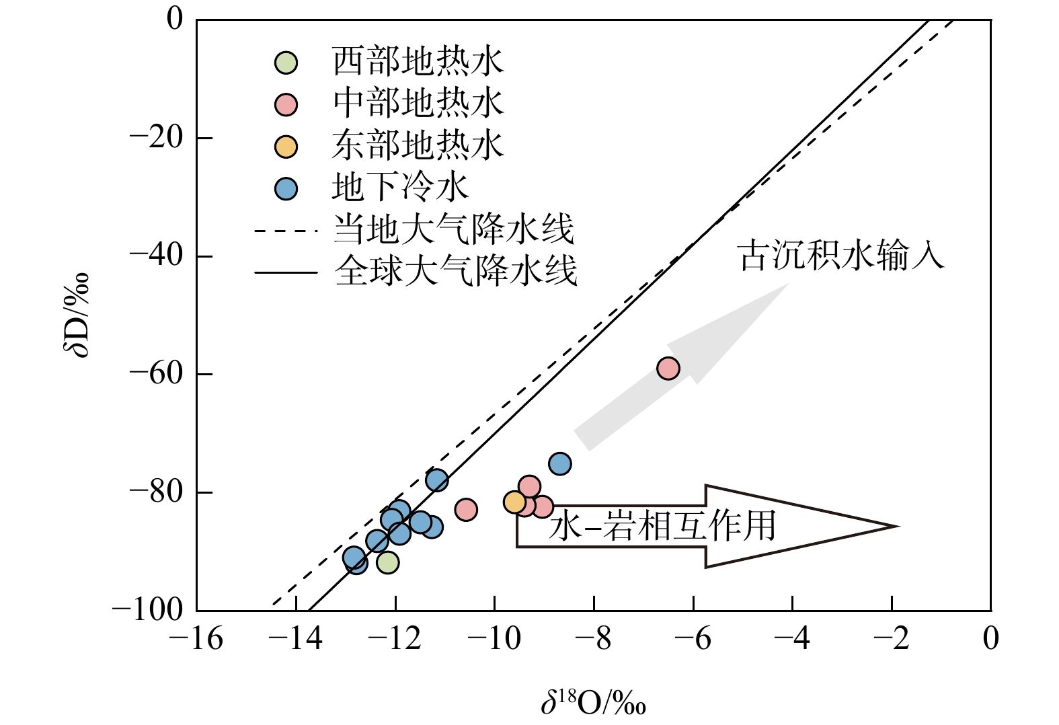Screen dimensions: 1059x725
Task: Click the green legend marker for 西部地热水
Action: pos(286,63)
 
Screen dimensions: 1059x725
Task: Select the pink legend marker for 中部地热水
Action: pos(286,104)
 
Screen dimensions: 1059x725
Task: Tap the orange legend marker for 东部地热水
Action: pos(286,147)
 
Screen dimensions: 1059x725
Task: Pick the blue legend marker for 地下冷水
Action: pos(286,189)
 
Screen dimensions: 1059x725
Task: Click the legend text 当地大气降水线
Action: pos(453,230)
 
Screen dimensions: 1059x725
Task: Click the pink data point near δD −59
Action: pos(668,369)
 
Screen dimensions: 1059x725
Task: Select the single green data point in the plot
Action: pos(388,563)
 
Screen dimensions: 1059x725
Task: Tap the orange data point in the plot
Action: pos(514,502)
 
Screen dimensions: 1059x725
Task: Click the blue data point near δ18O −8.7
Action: pos(559,464)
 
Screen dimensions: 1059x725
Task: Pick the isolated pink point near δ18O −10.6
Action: pos(466,509)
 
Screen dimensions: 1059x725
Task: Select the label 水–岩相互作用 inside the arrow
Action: pos(662,525)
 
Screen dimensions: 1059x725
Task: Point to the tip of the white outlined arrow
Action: pos(898,526)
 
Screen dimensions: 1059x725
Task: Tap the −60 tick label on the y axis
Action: pos(156,375)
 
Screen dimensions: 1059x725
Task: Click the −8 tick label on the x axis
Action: pos(593,639)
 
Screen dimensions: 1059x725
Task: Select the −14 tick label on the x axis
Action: pos(295,639)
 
